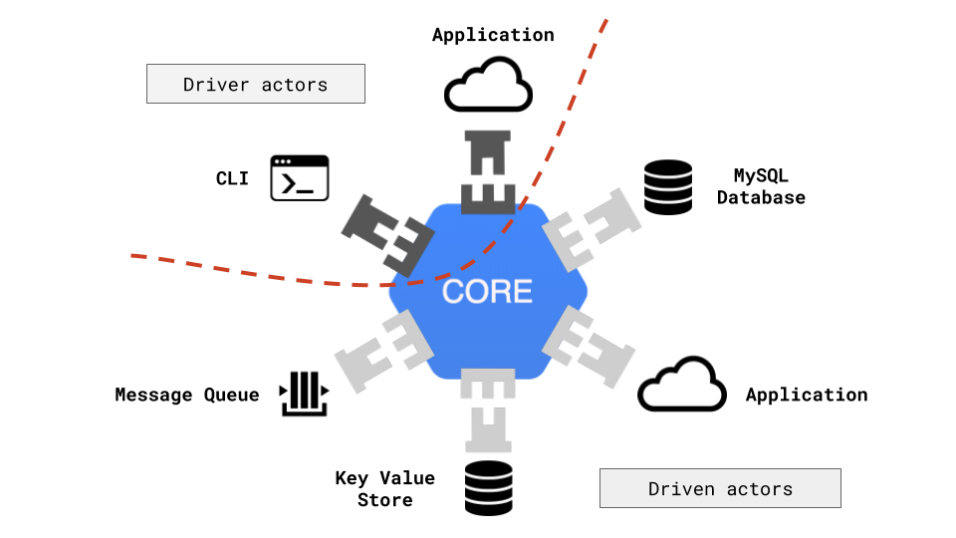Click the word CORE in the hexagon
tap(487, 291)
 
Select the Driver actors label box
tap(255, 85)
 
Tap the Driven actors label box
tap(720, 488)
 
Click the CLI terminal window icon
tap(300, 178)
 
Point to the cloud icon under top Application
tap(485, 86)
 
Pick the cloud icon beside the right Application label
tap(682, 384)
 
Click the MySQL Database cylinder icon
tap(667, 187)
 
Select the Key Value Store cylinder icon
tap(489, 488)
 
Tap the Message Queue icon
tap(303, 395)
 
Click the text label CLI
tap(232, 179)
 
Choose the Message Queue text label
tap(186, 396)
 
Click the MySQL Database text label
tap(761, 187)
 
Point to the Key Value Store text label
tap(384, 489)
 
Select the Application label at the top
tap(493, 35)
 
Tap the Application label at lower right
tap(807, 396)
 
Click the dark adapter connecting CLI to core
tap(386, 232)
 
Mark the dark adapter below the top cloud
tap(487, 169)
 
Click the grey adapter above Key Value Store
tap(487, 408)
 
